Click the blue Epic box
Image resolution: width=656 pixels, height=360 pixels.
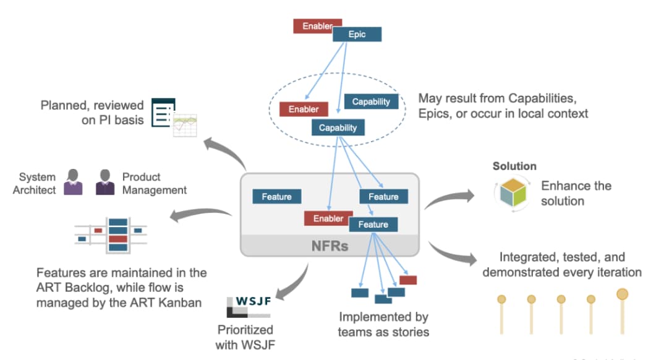[x=357, y=35]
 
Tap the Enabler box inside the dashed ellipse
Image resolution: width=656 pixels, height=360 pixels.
[x=304, y=109]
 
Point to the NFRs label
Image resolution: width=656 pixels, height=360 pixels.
[x=330, y=246]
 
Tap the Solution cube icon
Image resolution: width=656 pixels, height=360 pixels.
[x=513, y=193]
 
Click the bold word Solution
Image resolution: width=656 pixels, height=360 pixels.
[x=514, y=166]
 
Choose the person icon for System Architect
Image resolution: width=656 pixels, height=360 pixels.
[x=73, y=182]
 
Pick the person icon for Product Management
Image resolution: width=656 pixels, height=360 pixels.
[x=105, y=182]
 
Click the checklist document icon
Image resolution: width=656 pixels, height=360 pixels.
[x=163, y=111]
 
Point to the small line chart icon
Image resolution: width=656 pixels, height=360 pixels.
[x=184, y=125]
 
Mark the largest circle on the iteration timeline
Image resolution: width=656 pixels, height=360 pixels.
[x=622, y=294]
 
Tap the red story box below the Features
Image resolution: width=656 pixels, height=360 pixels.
[x=408, y=280]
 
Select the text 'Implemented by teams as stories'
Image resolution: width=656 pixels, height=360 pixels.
[x=383, y=325]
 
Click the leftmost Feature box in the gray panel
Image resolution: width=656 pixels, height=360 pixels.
[x=276, y=197]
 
